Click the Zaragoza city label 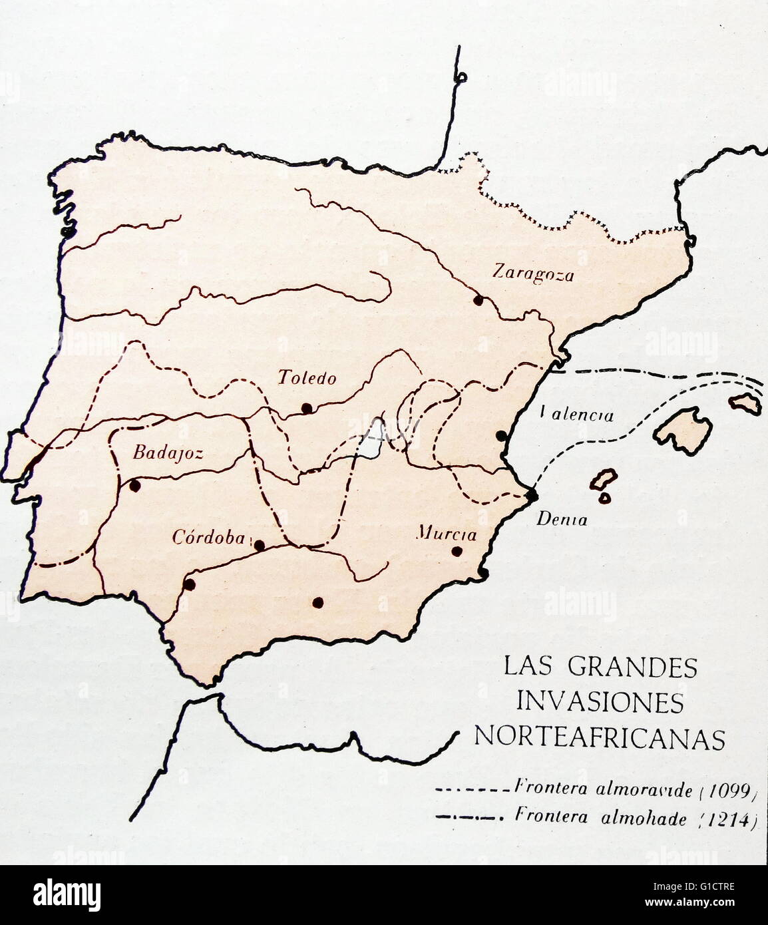[532, 273]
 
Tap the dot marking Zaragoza [477, 300]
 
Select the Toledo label [307, 379]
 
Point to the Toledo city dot [306, 408]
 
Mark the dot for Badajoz [135, 486]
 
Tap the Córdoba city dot [260, 545]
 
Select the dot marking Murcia [457, 551]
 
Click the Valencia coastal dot [501, 436]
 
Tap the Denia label [562, 520]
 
